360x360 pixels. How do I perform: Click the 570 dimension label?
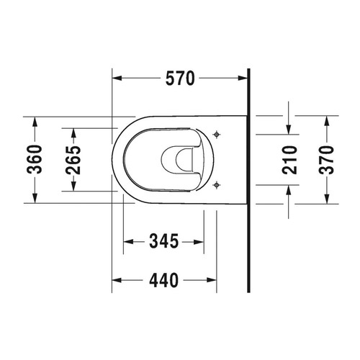180,80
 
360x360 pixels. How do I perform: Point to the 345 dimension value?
163,241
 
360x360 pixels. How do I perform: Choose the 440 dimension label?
163,280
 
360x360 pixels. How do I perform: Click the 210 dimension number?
289,159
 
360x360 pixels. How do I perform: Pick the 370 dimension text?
328,159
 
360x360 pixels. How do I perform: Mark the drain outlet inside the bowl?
181,159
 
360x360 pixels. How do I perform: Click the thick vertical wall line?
248,180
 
